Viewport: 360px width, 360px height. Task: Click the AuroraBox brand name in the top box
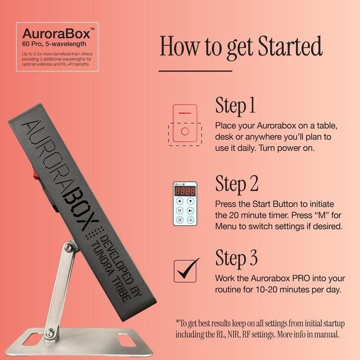pos(57,33)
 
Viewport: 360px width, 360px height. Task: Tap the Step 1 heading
pos(235,105)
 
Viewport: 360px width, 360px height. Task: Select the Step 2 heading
pos(237,184)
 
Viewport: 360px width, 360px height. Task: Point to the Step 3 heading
pos(236,258)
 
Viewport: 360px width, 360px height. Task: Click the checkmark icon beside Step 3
pos(186,270)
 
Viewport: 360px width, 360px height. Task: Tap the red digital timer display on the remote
pos(185,191)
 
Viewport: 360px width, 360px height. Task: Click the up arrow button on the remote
pos(180,201)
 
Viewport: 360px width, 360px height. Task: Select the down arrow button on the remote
pos(190,201)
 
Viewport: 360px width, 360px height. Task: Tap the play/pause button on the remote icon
pos(190,210)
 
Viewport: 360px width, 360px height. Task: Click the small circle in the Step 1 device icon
pos(185,131)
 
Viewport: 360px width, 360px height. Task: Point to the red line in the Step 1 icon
pos(185,113)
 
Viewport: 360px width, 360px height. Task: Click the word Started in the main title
pos(290,46)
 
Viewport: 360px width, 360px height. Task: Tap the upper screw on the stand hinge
pos(68,247)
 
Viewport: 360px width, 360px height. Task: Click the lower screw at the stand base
pos(50,332)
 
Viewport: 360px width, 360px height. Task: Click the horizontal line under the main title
pos(195,71)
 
